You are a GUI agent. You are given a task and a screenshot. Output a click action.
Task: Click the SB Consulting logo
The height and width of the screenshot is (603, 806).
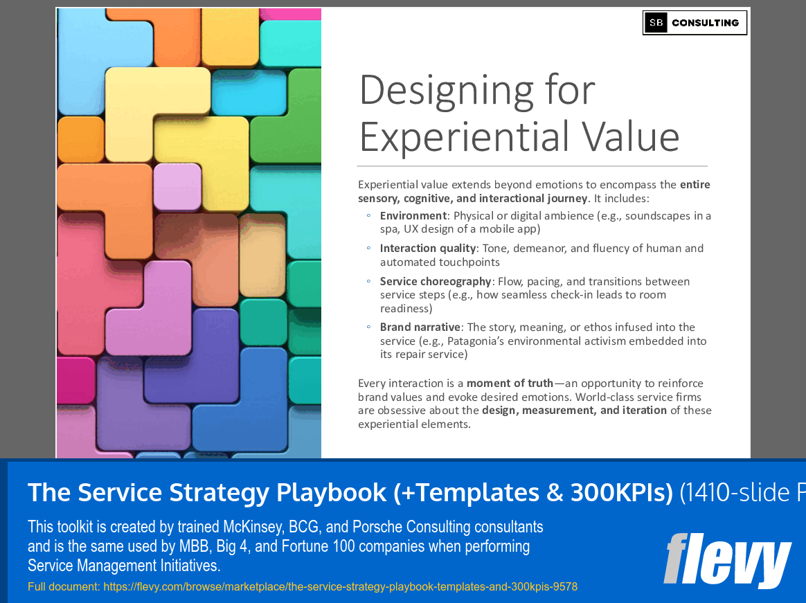[x=695, y=23]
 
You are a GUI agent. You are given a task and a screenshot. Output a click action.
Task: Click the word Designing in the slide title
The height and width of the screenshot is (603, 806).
[x=446, y=91]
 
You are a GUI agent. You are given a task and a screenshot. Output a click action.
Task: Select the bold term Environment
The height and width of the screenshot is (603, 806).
[x=413, y=216]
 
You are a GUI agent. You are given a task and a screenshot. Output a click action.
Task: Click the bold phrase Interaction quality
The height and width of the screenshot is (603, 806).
[x=428, y=249]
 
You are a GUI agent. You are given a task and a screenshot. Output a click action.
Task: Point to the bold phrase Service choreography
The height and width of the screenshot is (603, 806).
[x=436, y=282]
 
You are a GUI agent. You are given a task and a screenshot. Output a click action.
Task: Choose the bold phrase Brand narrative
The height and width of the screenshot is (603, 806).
[x=420, y=327]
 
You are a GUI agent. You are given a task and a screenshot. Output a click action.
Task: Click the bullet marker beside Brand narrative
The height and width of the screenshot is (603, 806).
[x=368, y=327]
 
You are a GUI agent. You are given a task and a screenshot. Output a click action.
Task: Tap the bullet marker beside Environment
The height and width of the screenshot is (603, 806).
[x=368, y=215]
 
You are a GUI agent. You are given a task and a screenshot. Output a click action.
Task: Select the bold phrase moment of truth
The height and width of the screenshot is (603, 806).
[x=510, y=384]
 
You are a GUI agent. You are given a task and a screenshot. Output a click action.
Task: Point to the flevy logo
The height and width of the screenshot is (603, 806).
[x=727, y=560]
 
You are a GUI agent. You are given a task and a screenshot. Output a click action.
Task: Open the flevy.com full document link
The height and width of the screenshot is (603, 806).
[x=340, y=586]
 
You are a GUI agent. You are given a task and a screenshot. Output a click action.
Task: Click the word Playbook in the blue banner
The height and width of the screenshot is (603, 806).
[x=331, y=493]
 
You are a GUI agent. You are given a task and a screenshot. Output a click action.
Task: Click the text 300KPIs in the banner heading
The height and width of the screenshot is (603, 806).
[x=621, y=492]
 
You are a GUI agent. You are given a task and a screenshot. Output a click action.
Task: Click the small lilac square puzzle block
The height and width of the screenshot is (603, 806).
[x=177, y=187]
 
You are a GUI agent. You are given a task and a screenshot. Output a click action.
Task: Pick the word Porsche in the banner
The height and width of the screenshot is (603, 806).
[x=378, y=527]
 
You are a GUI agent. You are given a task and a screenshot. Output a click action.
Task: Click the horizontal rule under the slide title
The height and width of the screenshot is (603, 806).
[x=532, y=166]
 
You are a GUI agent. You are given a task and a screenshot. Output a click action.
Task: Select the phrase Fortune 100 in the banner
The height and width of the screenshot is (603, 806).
[x=319, y=546]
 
